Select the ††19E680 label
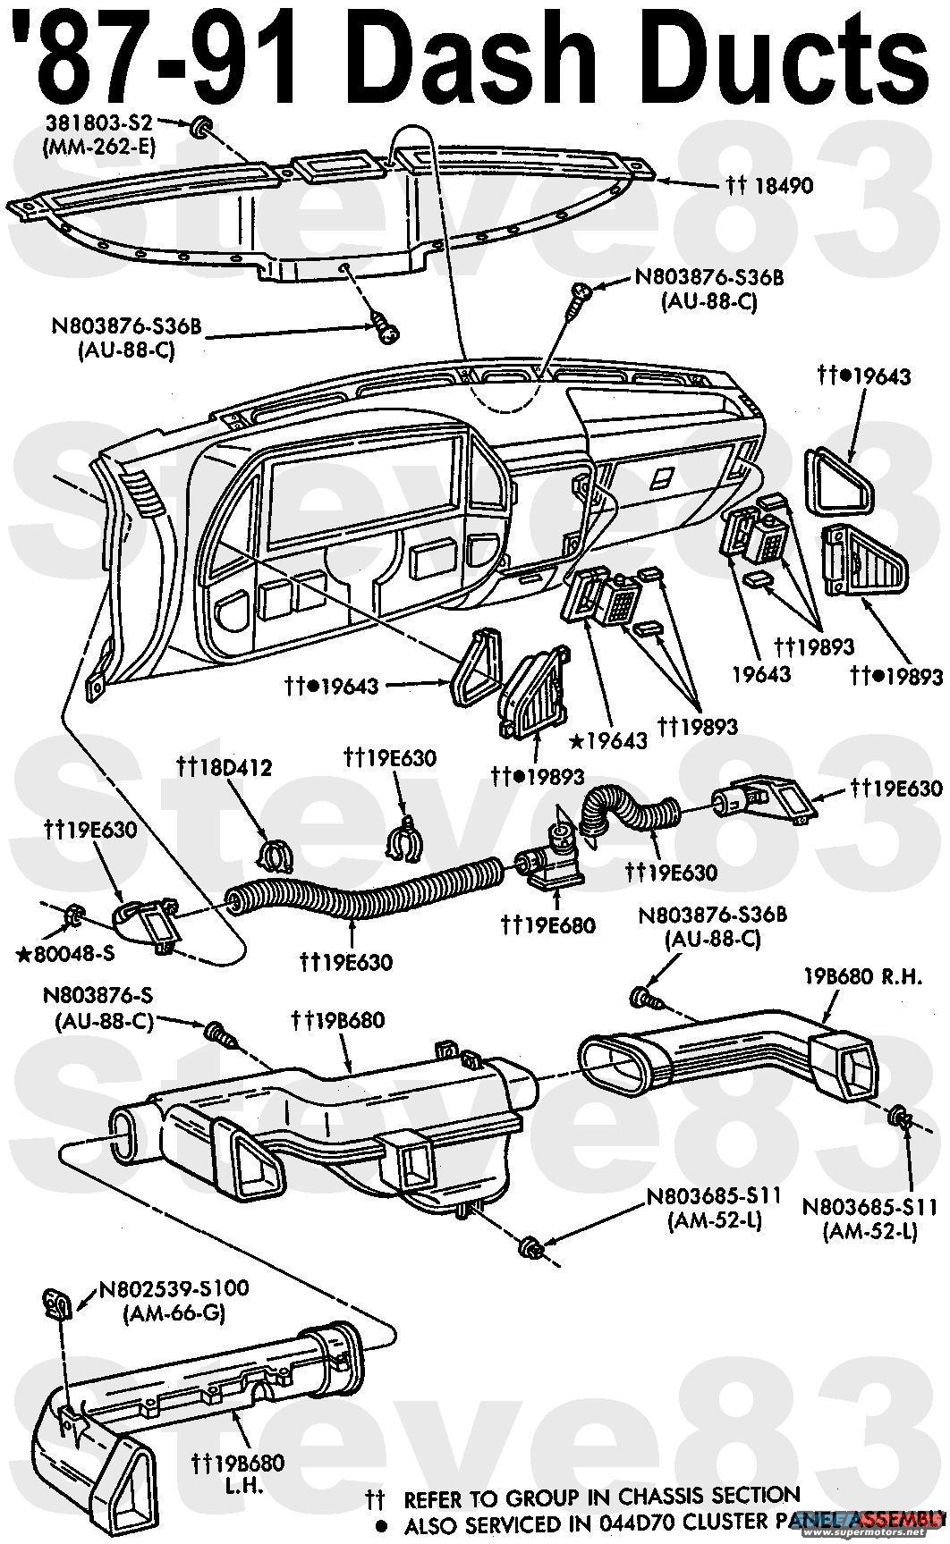[x=548, y=924]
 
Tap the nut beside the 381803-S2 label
[x=200, y=125]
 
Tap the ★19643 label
[x=609, y=740]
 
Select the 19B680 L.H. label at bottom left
[x=238, y=1472]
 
